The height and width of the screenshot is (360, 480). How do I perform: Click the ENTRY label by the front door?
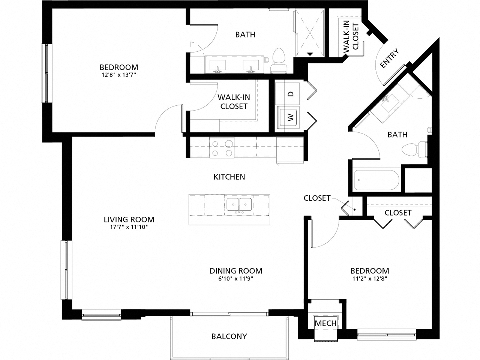coord(389,59)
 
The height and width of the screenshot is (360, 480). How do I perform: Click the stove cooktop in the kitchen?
coord(222,148)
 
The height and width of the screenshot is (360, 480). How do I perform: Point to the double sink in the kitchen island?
coord(239,205)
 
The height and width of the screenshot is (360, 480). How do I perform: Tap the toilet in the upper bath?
coord(279,60)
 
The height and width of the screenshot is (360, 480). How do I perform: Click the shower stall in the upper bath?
coord(310,33)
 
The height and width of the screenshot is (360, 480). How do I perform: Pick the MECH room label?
coord(325,323)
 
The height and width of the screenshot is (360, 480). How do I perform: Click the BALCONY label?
coord(229,336)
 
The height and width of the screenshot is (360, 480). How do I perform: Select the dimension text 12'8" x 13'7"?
coord(118,75)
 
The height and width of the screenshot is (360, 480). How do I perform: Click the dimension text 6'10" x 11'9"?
coord(235,279)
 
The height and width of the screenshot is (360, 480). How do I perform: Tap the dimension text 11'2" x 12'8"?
coord(369,279)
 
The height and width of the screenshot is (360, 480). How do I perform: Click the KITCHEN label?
coord(229,177)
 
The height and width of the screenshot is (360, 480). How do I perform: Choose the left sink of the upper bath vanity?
coord(217,65)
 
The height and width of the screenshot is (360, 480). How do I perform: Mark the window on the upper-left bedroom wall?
coord(46,73)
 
